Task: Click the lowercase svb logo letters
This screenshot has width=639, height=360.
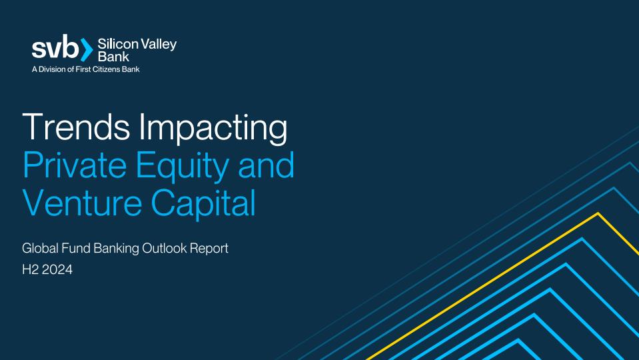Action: (55, 47)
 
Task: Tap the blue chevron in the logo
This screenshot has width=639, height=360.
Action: (87, 50)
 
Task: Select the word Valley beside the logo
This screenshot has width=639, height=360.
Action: (159, 45)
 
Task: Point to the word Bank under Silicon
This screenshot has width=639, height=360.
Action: (113, 57)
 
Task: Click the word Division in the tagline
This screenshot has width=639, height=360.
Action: (52, 69)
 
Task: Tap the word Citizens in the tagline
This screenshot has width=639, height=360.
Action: (106, 69)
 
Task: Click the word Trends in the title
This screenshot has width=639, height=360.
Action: (76, 127)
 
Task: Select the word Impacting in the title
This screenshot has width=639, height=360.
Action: (213, 129)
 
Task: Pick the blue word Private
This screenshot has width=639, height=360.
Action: (75, 165)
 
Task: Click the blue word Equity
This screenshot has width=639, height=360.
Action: (181, 167)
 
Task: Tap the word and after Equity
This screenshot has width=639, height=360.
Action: (266, 165)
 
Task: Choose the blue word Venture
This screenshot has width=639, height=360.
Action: (83, 202)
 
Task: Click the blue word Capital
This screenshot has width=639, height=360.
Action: (203, 204)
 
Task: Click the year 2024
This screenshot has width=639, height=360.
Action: (57, 269)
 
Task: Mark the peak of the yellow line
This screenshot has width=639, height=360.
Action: (598, 213)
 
